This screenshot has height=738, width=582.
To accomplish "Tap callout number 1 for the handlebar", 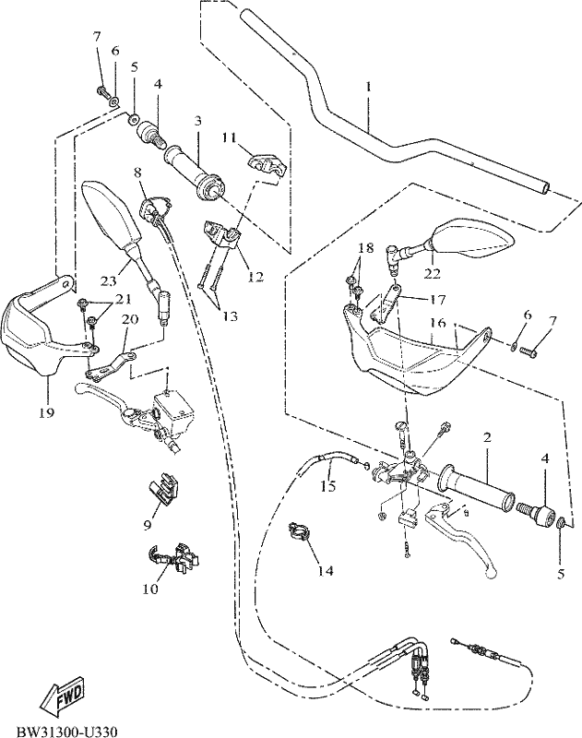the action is point(369,87).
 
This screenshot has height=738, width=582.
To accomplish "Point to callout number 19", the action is point(47,412).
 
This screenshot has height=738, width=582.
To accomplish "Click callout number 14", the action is point(326,570).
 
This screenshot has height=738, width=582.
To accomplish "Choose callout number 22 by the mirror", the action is point(434,273).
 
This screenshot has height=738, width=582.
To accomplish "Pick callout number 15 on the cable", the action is point(328,486).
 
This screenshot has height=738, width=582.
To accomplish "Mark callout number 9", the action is point(148,525).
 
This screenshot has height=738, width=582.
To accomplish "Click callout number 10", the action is point(150,589).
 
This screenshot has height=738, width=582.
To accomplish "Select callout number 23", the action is point(108,281).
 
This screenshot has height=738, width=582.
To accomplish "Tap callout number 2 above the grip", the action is point(487,437).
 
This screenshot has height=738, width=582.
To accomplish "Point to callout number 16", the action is point(437,323).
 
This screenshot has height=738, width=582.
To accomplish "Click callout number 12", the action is point(255,278).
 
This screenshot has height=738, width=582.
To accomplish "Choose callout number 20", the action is point(130,319).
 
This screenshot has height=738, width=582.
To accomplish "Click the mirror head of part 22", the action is point(470,240).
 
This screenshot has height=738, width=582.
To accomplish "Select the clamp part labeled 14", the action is point(300,531).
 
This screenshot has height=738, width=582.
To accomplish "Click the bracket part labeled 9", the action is point(165,487).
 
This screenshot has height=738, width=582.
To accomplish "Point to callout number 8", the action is point(137,172).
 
